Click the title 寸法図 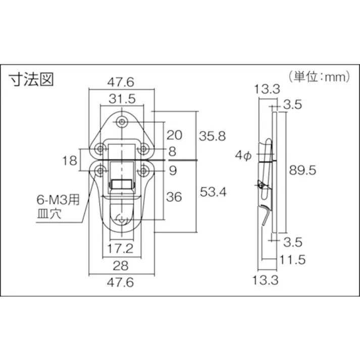click(31, 80)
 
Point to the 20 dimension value click(174, 135)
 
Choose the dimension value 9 click(173, 171)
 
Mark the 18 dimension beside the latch click(73, 161)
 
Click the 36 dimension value click(174, 197)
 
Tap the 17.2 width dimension click(121, 248)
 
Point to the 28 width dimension click(121, 266)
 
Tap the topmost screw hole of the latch click(122, 122)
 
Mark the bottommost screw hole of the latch click(121, 219)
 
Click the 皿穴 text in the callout click(49, 214)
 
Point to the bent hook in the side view click(266, 216)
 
